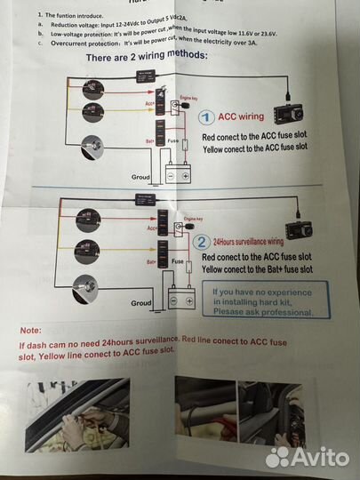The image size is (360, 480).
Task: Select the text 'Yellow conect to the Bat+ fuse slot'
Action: pyautogui.click(x=257, y=268)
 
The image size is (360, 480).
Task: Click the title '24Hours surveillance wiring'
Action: pyautogui.click(x=252, y=241)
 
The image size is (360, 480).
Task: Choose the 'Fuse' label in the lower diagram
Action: pyautogui.click(x=178, y=262)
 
